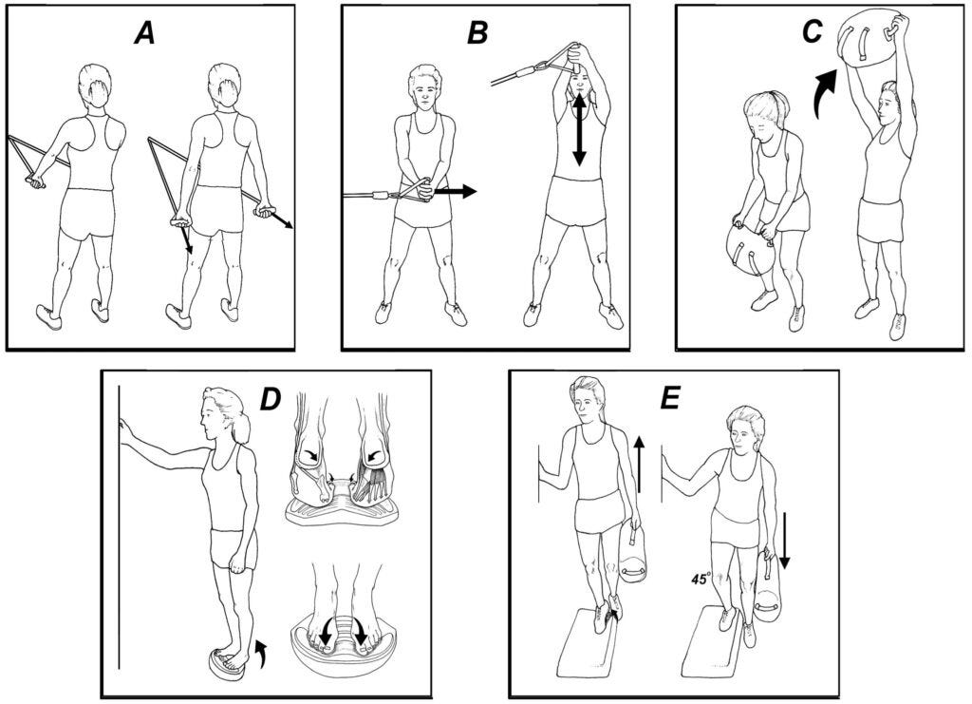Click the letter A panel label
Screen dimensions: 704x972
tap(144, 33)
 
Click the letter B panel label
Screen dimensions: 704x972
tap(477, 33)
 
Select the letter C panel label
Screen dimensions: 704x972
tap(812, 33)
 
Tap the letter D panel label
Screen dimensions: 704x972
tap(271, 399)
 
